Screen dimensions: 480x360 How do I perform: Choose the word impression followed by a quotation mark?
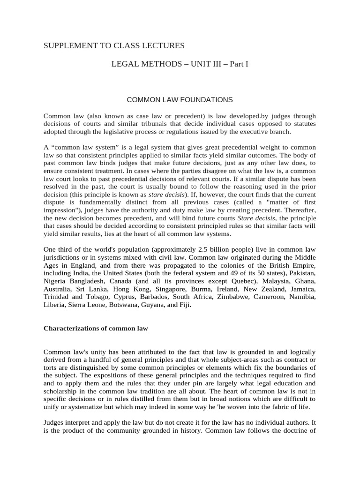pos(60,211)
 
